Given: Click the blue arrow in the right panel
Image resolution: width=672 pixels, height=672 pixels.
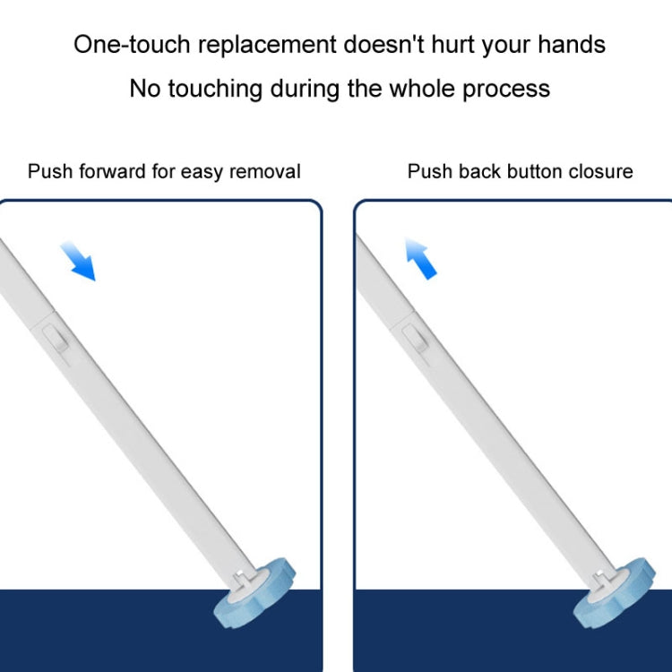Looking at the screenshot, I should pos(419,259).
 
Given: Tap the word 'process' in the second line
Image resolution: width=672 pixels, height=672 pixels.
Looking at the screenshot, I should pos(507,88).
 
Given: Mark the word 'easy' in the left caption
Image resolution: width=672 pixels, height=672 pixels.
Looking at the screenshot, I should pos(203,171).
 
